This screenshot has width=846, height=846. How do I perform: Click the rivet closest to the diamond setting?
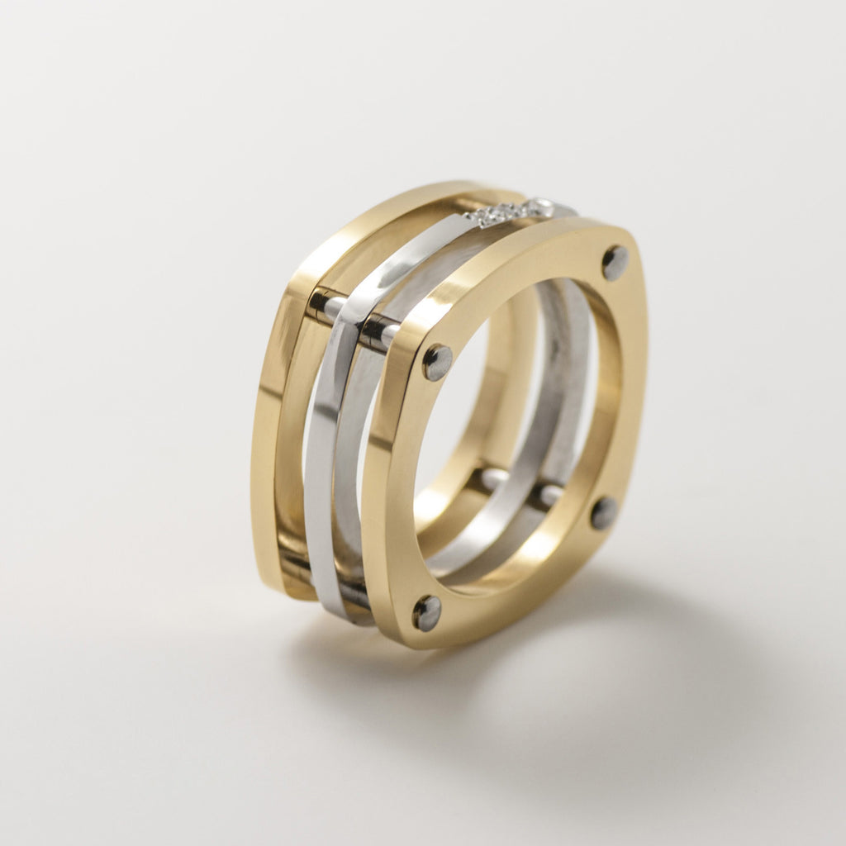click(615, 262)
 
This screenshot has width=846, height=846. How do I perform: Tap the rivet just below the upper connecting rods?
click(437, 362)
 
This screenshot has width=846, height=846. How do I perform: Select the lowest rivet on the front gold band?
click(427, 612)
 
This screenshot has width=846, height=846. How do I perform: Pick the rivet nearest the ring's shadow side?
click(604, 513)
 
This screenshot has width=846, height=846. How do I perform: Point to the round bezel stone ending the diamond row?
click(540, 206)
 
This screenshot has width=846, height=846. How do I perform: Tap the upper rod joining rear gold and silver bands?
click(326, 305)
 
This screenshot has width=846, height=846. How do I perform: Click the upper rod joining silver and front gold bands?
click(378, 331)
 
